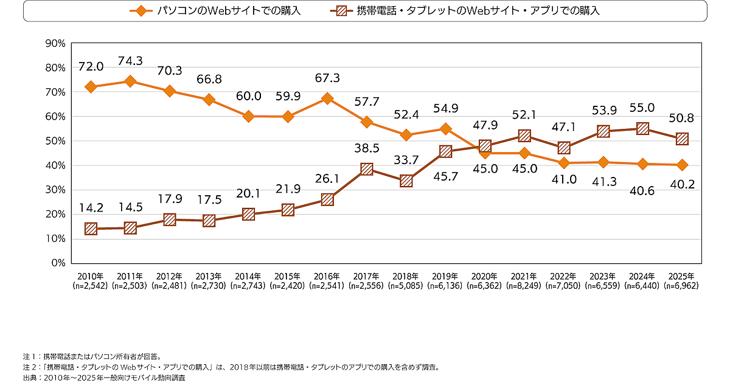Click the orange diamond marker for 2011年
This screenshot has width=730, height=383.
[130, 81]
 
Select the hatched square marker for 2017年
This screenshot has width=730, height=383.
[367, 169]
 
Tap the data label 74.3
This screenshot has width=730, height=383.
[130, 61]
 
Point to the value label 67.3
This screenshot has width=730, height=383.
[327, 78]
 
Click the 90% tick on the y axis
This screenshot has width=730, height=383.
[55, 43]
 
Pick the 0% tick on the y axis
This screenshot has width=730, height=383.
[58, 263]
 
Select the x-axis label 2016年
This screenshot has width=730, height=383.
[327, 275]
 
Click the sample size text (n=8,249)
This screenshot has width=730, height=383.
[524, 285]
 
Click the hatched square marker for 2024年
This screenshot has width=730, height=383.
[643, 128]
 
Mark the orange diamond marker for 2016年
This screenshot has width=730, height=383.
[327, 98]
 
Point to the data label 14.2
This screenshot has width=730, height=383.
[91, 208]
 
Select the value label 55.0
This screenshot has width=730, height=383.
[643, 108]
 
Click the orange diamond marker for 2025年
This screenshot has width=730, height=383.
[683, 165]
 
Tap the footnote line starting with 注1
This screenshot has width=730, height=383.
[91, 356]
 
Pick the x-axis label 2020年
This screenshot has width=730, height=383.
[485, 275]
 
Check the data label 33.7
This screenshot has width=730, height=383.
[406, 160]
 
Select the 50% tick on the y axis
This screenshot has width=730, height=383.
[55, 141]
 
